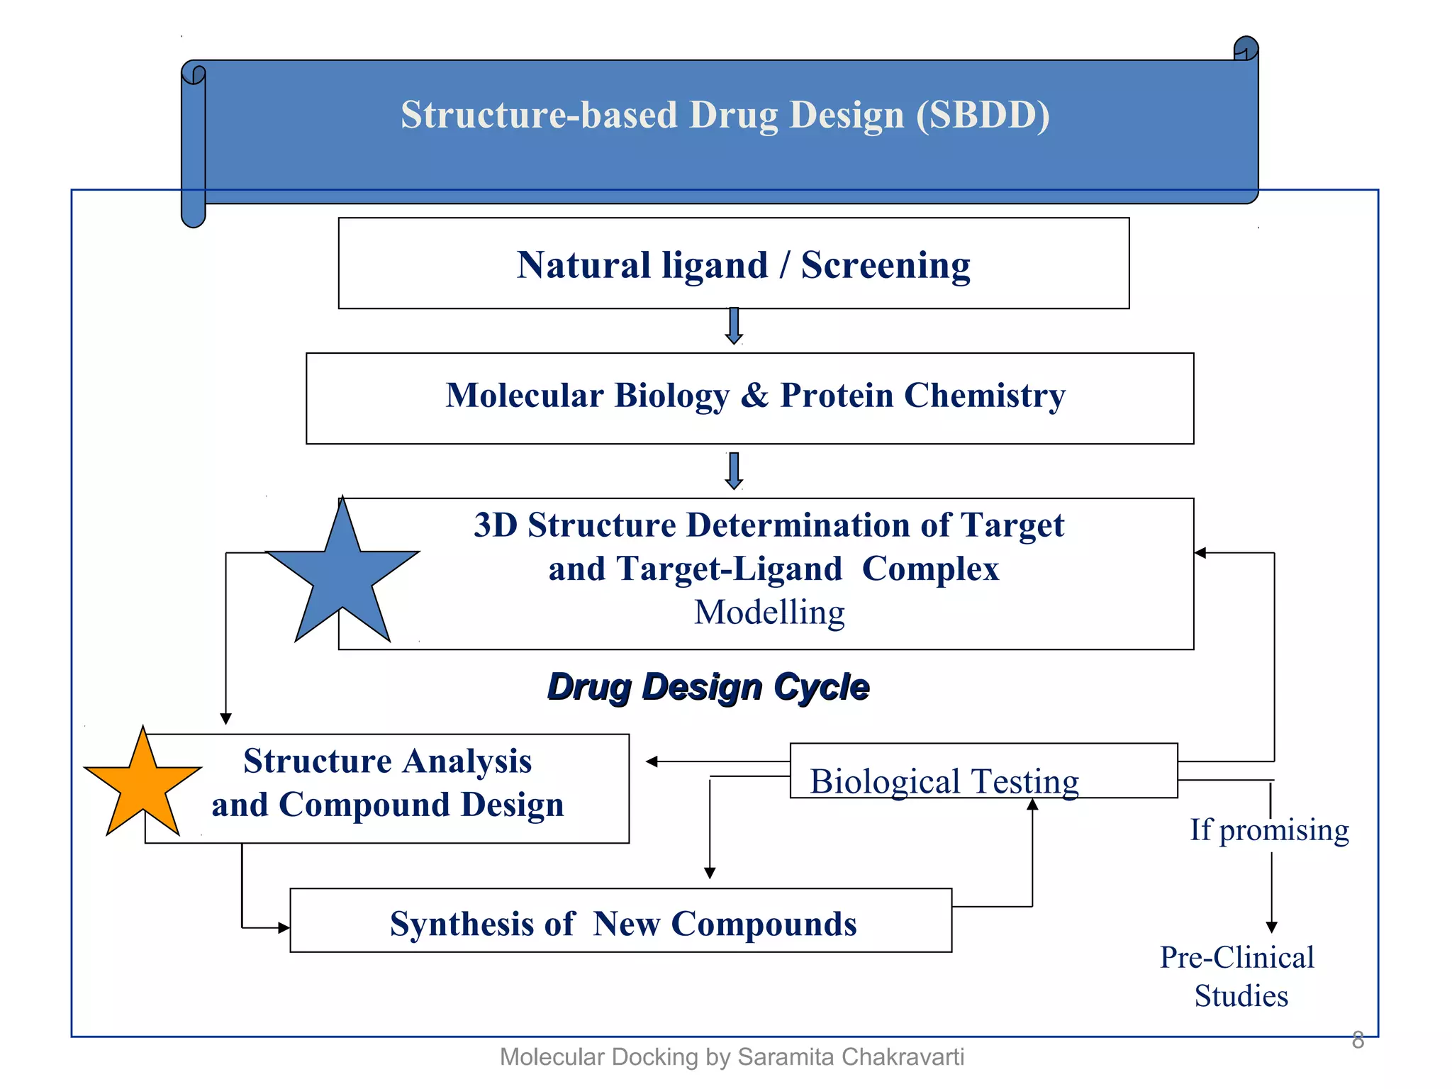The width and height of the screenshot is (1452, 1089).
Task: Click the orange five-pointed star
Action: (x=143, y=786)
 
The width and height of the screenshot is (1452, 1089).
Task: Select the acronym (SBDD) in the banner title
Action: (x=983, y=115)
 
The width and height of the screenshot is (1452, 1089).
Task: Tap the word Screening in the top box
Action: (x=886, y=266)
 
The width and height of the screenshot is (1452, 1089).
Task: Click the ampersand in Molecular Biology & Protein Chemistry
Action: (x=754, y=395)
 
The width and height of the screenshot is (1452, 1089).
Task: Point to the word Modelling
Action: (x=769, y=613)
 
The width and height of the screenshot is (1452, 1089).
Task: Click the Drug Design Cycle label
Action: (x=708, y=686)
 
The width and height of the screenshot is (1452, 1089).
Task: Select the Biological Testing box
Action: (x=983, y=771)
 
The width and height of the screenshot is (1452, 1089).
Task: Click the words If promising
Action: (x=1269, y=830)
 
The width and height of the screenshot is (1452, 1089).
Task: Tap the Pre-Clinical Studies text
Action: (x=1238, y=976)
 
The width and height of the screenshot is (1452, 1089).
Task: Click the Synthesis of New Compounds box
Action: (x=621, y=920)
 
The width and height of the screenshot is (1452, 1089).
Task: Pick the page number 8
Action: (x=1358, y=1040)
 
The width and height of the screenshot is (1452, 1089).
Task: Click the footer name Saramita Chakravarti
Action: (x=851, y=1057)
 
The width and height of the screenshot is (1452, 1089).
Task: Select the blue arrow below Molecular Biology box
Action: (x=735, y=471)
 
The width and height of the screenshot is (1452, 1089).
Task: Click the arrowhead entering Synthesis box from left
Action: (x=284, y=927)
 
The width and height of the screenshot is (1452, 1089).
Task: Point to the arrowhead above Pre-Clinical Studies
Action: (x=1272, y=927)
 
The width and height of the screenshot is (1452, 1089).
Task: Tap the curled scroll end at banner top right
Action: (x=1246, y=49)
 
